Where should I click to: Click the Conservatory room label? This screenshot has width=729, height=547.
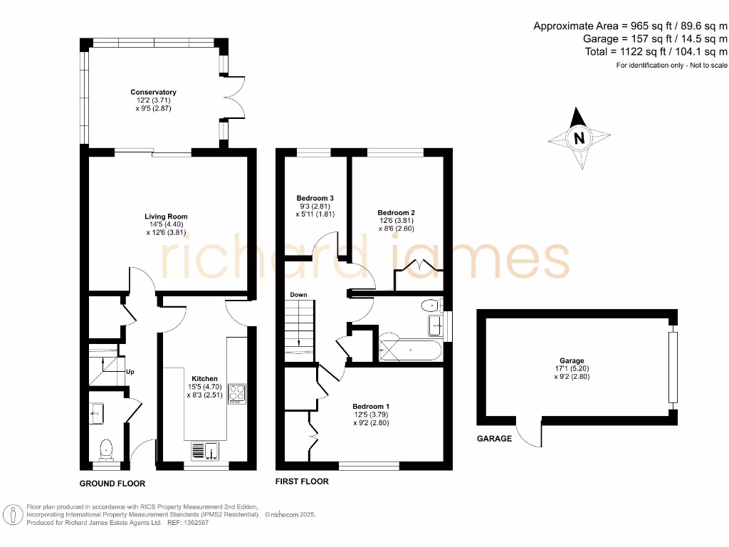[x=153, y=92]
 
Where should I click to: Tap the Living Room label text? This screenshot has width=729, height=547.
[x=166, y=217]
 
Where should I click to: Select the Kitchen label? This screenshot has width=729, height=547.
[x=204, y=378]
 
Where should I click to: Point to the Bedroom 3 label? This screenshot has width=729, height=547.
[x=315, y=198]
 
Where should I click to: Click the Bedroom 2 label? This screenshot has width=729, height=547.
[x=396, y=212]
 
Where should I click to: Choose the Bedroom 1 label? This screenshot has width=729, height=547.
[x=371, y=406]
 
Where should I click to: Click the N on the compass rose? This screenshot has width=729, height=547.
[x=579, y=138]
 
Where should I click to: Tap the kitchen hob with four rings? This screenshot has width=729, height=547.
[x=236, y=393]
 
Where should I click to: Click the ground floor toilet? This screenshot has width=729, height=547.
[x=106, y=448]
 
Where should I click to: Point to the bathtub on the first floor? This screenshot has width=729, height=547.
[x=410, y=348]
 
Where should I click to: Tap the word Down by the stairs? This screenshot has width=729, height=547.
[x=298, y=294]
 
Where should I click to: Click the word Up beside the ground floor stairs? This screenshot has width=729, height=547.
[x=130, y=372]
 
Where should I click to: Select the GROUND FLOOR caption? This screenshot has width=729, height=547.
[x=112, y=484]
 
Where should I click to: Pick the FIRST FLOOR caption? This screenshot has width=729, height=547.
[x=302, y=481]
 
